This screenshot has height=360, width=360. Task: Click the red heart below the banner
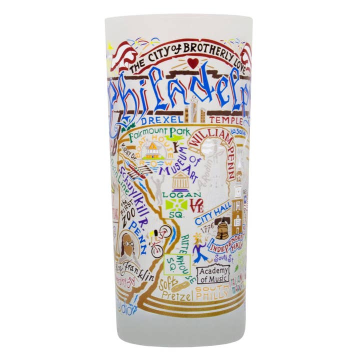pos(193,63)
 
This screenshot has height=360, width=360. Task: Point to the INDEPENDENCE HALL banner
pos(226,244)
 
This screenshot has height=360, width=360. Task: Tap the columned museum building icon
pos(180,181)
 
